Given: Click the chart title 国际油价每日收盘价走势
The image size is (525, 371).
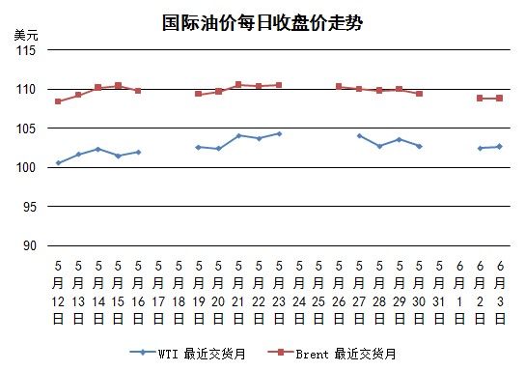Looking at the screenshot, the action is click(262, 23).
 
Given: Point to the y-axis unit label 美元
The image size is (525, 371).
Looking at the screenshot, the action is click(26, 35).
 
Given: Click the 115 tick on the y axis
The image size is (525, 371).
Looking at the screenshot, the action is click(26, 50).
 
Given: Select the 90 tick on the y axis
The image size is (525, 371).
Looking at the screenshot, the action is click(30, 245).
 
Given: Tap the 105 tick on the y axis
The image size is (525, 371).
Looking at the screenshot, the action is click(26, 128).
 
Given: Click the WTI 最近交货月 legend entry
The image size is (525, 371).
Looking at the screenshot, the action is click(187, 354).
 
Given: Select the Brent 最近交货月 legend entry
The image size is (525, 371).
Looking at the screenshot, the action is click(332, 354).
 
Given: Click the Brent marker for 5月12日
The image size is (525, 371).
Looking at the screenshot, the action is click(58, 101).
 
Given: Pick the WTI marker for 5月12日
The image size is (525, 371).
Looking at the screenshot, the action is click(58, 163).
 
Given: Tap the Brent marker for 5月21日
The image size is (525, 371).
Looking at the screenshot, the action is click(238, 84).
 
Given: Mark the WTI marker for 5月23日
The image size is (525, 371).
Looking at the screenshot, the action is click(279, 133).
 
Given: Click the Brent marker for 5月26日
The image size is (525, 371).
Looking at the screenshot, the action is click(339, 86).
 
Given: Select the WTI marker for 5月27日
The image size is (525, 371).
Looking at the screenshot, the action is click(359, 135).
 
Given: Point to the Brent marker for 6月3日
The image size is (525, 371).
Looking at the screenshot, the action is click(500, 99).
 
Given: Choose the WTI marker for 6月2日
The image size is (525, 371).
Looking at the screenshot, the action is click(481, 148).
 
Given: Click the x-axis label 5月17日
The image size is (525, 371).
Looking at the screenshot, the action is click(158, 293).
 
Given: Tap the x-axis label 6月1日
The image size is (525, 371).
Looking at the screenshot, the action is click(459, 293).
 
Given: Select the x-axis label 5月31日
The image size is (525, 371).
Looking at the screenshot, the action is click(439, 293).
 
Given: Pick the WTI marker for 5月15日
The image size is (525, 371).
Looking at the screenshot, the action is click(118, 156).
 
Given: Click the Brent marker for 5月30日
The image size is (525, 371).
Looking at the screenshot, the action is click(419, 94).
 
